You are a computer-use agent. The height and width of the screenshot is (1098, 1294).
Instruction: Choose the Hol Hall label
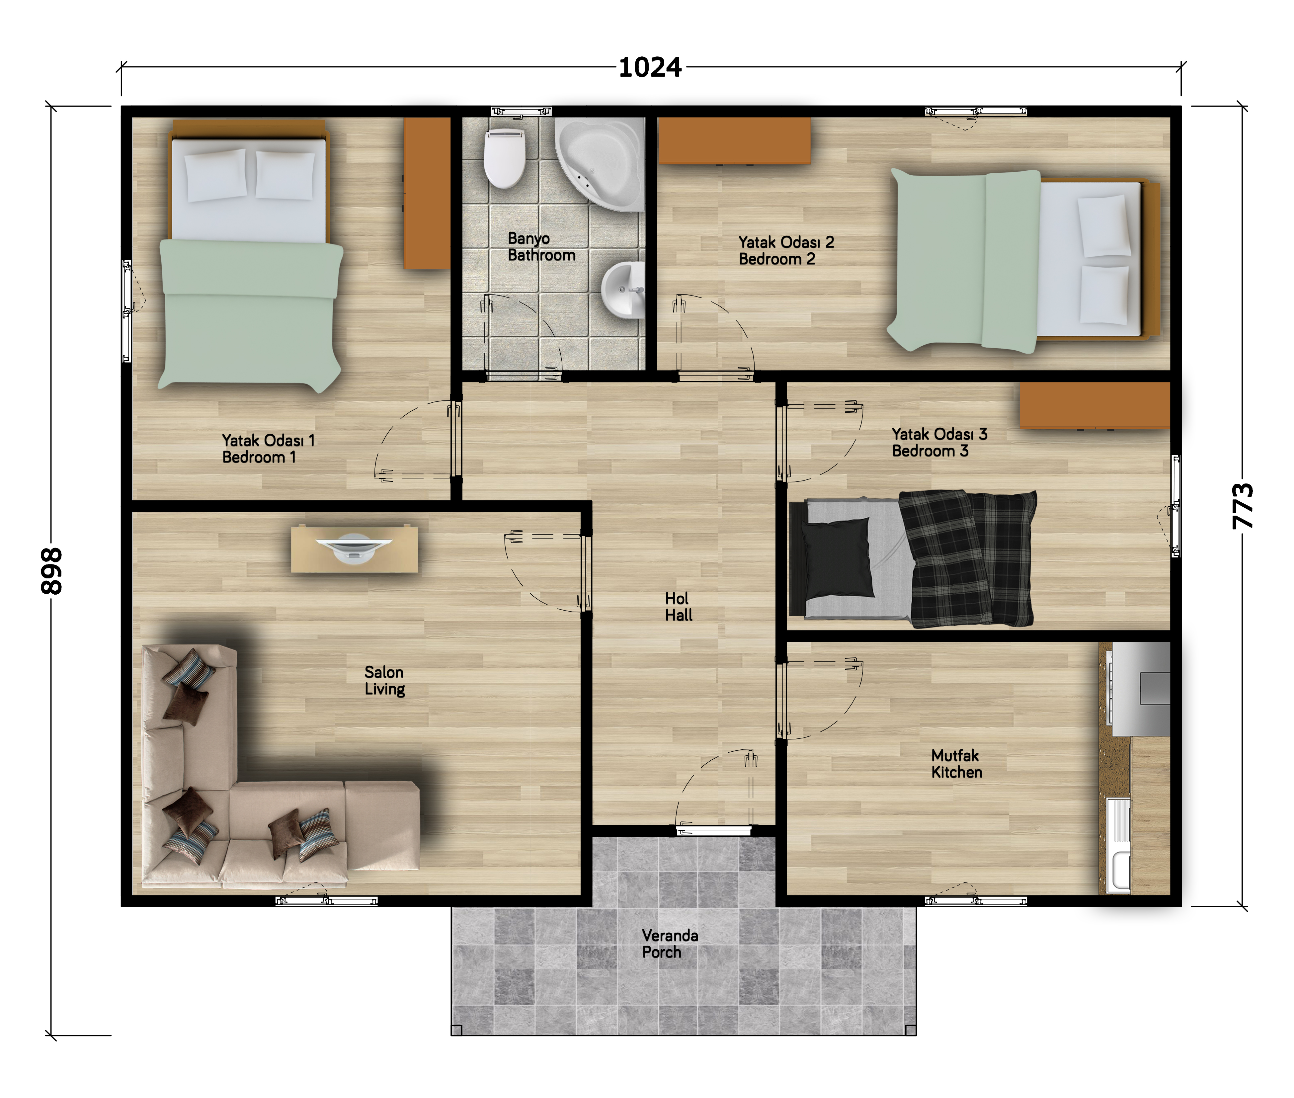point(679,607)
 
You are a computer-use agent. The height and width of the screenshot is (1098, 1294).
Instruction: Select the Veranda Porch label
point(670,944)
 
